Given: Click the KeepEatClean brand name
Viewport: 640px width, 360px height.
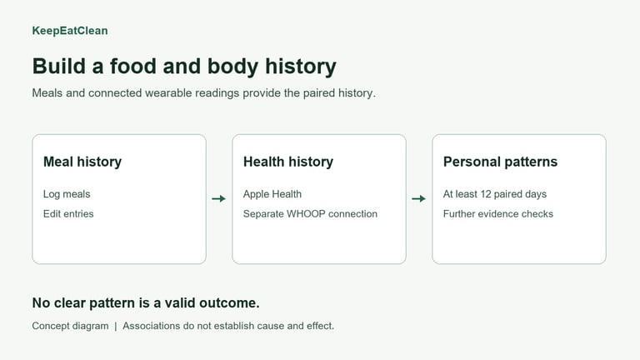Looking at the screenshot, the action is pos(70,31).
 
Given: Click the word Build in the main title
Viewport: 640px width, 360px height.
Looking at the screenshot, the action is pos(59,66).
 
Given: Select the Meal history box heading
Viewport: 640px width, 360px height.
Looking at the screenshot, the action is pos(82,162).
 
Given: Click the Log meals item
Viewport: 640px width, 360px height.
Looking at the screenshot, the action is pos(67,194).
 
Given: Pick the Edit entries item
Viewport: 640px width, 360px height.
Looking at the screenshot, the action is pos(68,214).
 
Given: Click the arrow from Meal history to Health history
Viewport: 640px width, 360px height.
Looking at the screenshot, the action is pos(219,199).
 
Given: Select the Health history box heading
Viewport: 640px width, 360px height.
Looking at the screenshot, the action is pos(288,162).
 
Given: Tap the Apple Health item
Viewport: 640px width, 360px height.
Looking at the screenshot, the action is pos(272,194).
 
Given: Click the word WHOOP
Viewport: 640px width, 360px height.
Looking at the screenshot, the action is pos(306,214).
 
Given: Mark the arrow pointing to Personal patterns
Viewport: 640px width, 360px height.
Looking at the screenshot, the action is pos(419,199).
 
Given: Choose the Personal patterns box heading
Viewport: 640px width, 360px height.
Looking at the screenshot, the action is pos(500,162).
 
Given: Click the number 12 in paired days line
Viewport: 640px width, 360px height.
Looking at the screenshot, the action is pos(486,194).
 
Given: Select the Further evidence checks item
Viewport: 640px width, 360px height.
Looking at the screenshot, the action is pos(498,214).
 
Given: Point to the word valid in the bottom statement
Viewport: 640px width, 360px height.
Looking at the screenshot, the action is pos(180,302).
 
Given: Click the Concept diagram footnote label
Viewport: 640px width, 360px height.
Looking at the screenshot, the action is pos(70,326).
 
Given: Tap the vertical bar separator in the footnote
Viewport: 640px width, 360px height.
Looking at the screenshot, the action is pos(116,326).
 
